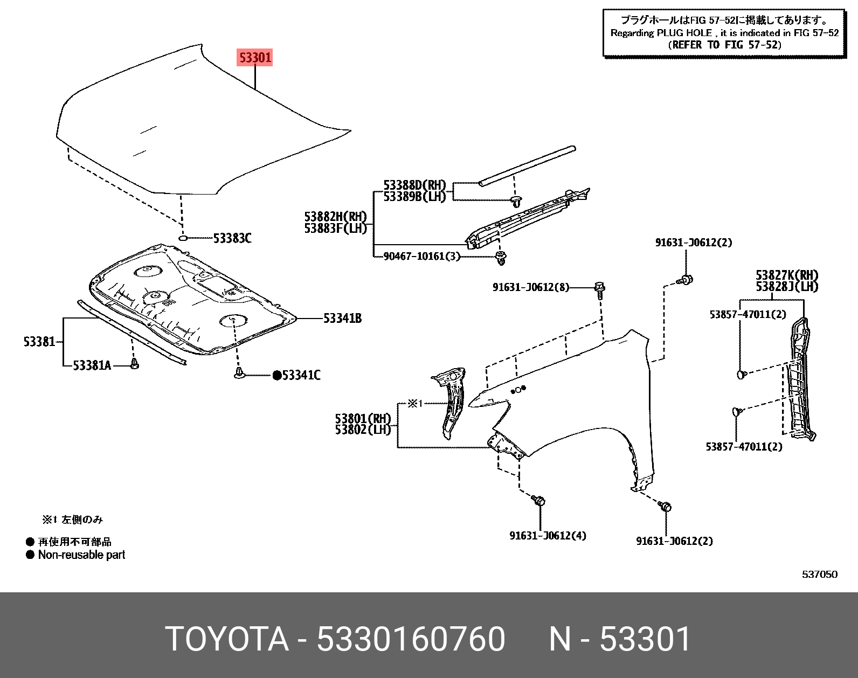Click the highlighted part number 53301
(x=255, y=57)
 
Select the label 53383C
(x=232, y=238)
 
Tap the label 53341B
(x=342, y=319)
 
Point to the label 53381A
(x=92, y=366)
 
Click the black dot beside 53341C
(x=276, y=376)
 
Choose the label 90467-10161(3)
(x=421, y=257)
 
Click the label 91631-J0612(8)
(x=530, y=288)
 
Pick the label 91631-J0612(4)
(x=548, y=536)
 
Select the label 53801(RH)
(x=362, y=419)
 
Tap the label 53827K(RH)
(x=787, y=276)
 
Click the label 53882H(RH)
(x=335, y=217)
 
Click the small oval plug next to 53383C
(x=183, y=238)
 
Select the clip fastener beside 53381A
(x=135, y=365)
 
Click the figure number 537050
(x=819, y=575)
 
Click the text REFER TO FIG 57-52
(x=724, y=45)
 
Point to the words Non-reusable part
(x=81, y=555)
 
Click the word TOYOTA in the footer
(x=226, y=639)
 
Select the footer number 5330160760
(x=411, y=639)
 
